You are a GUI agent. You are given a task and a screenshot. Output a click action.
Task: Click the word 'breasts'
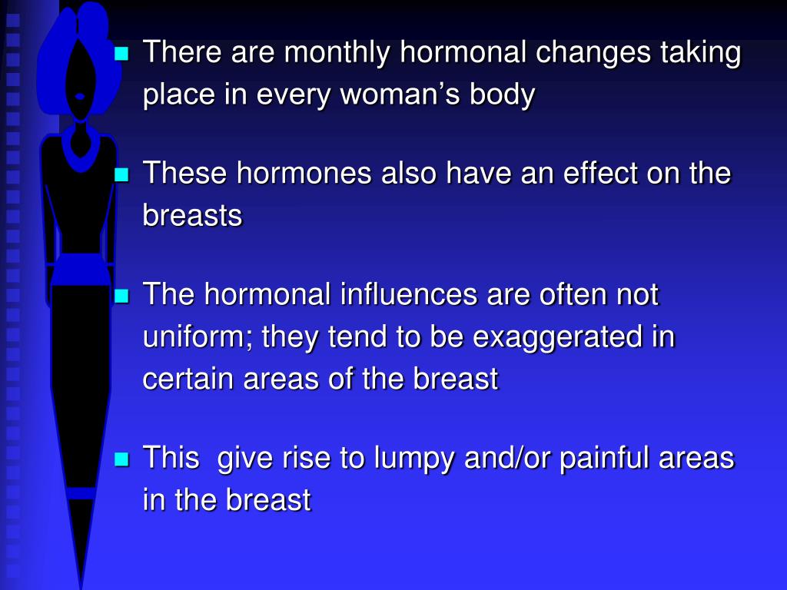pyautogui.click(x=192, y=216)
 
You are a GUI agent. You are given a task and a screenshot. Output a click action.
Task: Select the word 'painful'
pyautogui.click(x=606, y=459)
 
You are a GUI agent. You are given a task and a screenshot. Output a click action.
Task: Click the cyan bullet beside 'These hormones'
pyautogui.click(x=121, y=174)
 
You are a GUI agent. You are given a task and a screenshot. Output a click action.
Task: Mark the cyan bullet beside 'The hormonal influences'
pyautogui.click(x=121, y=295)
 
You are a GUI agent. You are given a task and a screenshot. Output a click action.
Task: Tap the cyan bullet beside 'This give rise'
pyautogui.click(x=121, y=459)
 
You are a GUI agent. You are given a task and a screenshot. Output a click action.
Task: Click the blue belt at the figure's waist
pyautogui.click(x=80, y=270)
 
